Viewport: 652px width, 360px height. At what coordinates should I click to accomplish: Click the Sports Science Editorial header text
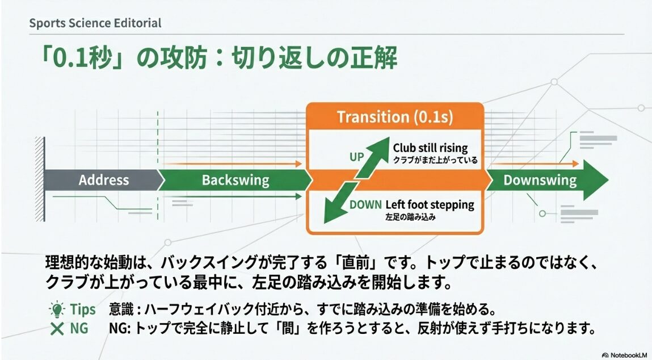tap(95, 23)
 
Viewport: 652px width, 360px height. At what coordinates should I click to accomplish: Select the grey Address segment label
tap(103, 181)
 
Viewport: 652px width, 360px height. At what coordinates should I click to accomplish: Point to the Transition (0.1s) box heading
tap(394, 117)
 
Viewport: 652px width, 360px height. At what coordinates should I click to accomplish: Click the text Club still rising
tap(430, 148)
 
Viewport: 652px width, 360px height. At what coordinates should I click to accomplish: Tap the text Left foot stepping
tap(430, 204)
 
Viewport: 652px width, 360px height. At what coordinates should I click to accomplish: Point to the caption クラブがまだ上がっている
tap(435, 161)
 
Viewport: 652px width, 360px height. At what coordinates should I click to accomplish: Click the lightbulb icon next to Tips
tap(57, 310)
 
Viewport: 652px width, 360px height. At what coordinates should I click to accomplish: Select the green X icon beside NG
tap(57, 329)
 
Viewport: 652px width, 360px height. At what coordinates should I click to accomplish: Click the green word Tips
tap(83, 310)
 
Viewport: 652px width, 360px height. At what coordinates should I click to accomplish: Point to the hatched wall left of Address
tap(39, 181)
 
